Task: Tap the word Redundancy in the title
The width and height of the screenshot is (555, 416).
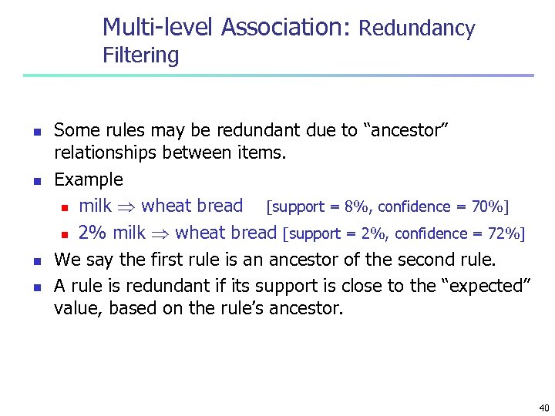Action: [x=417, y=29]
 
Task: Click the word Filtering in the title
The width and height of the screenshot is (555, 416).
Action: [x=140, y=56]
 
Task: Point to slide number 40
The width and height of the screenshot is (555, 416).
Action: [x=544, y=408]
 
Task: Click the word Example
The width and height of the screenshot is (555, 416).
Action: [x=89, y=180]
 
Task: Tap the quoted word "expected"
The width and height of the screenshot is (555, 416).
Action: [x=486, y=286]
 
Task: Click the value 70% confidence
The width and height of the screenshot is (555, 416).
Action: [x=488, y=206]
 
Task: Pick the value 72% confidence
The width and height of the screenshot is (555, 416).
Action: [x=505, y=233]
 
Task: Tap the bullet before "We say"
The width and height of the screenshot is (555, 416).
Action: [x=35, y=260]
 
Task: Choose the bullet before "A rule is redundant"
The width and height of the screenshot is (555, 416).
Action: [x=35, y=287]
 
